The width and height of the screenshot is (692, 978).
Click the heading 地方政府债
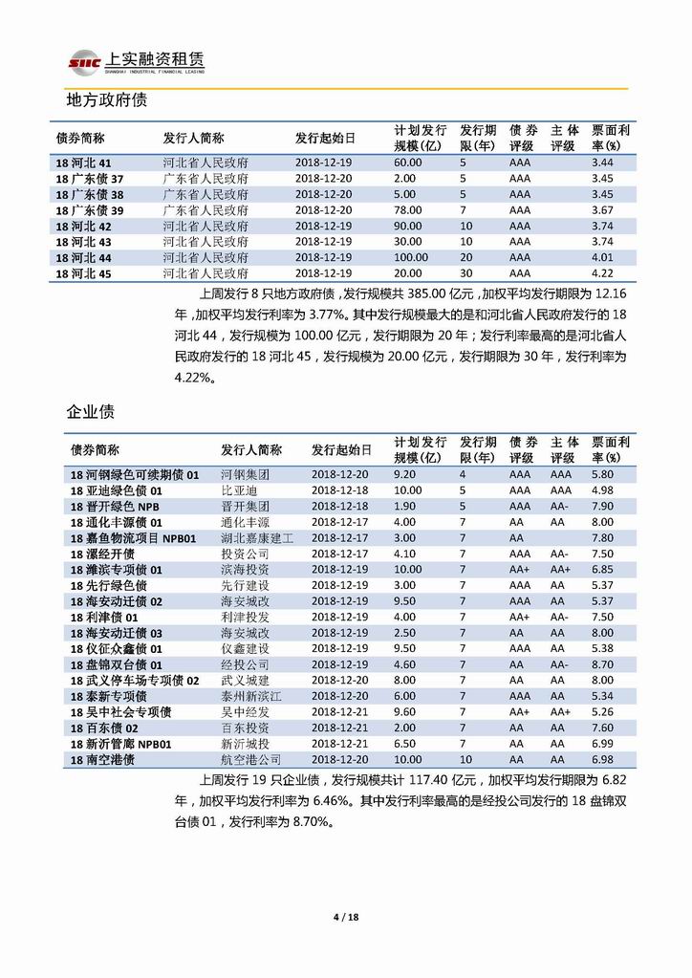[105, 99]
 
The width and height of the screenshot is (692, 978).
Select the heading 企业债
[91, 412]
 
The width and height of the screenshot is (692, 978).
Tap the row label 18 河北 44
[84, 258]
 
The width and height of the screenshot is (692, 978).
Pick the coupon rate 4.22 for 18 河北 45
[602, 273]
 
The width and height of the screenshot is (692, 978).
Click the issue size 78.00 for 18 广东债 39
[407, 210]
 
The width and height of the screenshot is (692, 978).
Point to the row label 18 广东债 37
[90, 179]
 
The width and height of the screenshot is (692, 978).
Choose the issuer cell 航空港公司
[251, 759]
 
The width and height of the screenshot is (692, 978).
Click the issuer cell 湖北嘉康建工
[257, 538]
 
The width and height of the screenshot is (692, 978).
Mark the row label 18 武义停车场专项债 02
[135, 680]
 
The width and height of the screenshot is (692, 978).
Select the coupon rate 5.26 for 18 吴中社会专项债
[602, 711]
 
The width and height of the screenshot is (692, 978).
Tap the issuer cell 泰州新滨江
[251, 696]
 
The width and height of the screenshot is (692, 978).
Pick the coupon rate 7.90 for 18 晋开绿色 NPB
[602, 506]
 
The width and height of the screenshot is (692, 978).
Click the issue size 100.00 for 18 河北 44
[410, 258]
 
